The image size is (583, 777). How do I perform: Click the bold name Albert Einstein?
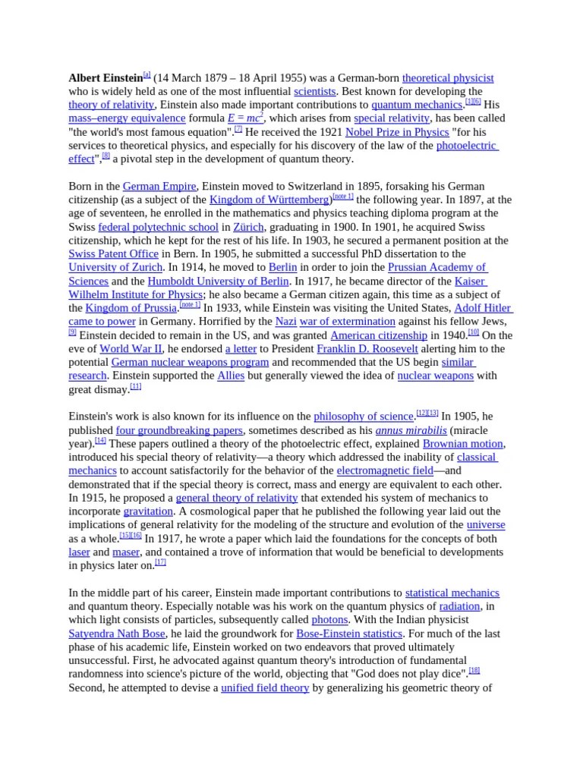point(106,77)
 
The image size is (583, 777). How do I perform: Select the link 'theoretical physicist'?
point(448,77)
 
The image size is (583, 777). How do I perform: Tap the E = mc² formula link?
point(245,118)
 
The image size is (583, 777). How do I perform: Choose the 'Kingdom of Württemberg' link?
point(269,200)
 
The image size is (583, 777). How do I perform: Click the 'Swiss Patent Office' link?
point(113,254)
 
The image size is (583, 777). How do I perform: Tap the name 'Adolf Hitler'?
point(484,308)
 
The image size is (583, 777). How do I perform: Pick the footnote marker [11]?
point(136,387)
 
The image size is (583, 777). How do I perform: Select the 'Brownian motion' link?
point(462,444)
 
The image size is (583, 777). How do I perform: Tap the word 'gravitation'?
point(149,511)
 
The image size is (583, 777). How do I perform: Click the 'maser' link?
point(126,552)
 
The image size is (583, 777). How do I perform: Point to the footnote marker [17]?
point(160,563)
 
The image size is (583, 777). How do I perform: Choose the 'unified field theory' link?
point(265,688)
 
